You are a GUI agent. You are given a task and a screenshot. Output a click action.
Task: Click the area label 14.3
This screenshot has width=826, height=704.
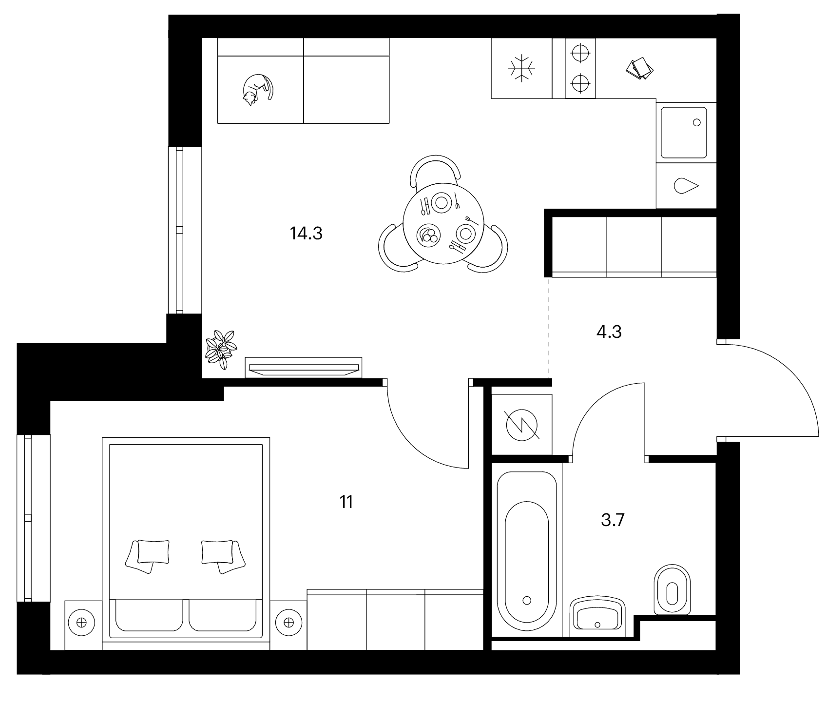click(x=306, y=234)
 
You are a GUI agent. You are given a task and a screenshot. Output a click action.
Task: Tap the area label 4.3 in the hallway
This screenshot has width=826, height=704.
click(x=609, y=332)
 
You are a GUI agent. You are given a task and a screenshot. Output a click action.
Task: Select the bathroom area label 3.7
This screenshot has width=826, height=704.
click(x=613, y=521)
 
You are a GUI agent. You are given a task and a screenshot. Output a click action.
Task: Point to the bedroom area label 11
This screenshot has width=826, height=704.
click(x=346, y=502)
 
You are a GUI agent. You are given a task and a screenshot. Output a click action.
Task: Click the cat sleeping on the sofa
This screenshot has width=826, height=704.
click(x=256, y=90)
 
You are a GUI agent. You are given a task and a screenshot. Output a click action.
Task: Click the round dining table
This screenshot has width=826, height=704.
click(x=443, y=223)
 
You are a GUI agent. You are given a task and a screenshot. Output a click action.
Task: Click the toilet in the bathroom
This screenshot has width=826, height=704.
click(x=673, y=590)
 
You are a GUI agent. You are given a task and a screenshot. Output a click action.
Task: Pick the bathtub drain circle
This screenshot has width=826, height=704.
click(x=526, y=600)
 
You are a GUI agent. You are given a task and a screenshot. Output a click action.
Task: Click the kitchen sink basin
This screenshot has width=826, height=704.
click(x=684, y=133)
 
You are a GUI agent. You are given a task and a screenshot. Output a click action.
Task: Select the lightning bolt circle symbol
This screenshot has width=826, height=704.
click(x=522, y=424)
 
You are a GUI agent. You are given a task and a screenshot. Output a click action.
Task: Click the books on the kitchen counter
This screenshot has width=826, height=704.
click(x=640, y=68)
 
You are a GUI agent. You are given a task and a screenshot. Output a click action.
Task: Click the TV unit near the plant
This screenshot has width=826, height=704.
click(x=304, y=367)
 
